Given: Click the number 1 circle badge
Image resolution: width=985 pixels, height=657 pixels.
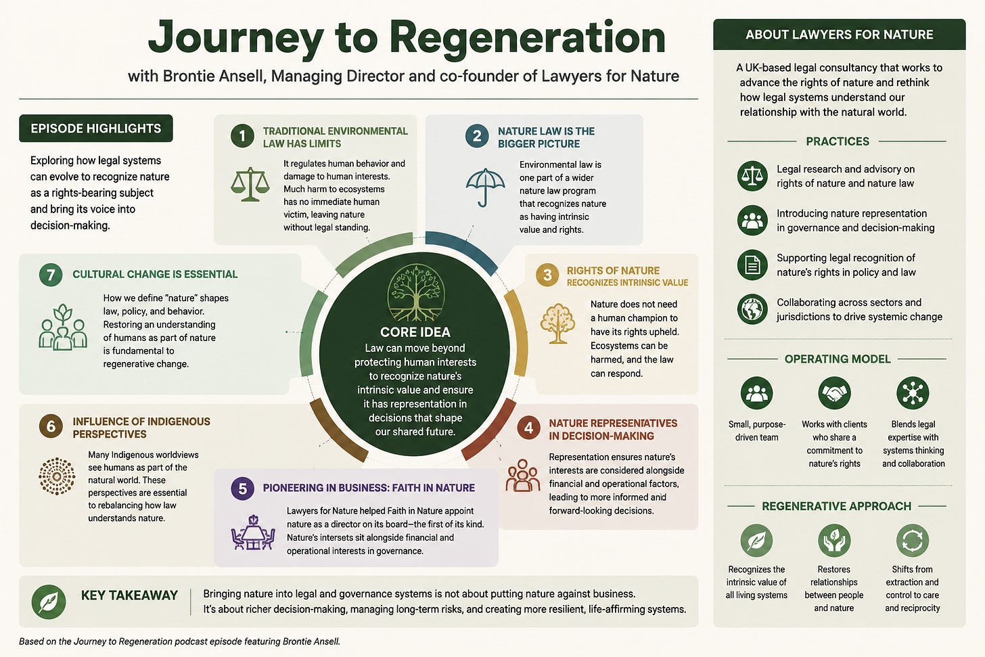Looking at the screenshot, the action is coord(242,136).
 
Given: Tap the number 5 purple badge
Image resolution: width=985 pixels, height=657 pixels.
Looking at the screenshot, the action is coord(242,488).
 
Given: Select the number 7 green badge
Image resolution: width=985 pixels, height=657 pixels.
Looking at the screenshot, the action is coord(51,275).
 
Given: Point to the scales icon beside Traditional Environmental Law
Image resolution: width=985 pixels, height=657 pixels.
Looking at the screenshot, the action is coord(250,184).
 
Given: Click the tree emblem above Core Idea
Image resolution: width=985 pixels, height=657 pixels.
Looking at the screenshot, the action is coord(415,292).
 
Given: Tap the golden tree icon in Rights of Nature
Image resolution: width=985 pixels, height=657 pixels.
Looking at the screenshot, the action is coord(557,323).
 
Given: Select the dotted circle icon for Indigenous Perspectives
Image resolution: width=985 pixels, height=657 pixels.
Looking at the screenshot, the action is coord(57,476).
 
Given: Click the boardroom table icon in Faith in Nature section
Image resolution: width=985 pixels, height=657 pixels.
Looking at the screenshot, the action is coord(253,533).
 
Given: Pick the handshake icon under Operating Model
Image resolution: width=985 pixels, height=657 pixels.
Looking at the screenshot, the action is coord(834,392).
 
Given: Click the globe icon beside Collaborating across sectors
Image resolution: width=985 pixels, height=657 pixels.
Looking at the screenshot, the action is coord(752,309).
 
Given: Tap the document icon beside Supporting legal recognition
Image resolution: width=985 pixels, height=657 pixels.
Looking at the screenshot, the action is coord(752,265).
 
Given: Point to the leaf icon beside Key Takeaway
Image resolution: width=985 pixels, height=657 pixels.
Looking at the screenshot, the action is coord(49,602).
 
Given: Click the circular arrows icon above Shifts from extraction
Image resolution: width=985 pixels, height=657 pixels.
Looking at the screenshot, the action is coord(913,541).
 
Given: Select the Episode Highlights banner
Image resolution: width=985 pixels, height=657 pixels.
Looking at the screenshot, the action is coord(96,129).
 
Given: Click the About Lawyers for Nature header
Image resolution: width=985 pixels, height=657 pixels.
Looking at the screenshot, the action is coord(839,35).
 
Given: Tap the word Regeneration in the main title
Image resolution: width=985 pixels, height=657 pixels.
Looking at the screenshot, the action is coord(527,39).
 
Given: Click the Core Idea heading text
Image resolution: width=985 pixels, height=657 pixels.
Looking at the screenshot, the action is coord(415,332).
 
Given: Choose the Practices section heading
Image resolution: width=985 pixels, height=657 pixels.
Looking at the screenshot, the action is coord(838,141).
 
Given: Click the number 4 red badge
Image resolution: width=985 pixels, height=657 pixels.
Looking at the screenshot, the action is coord(528,428).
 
